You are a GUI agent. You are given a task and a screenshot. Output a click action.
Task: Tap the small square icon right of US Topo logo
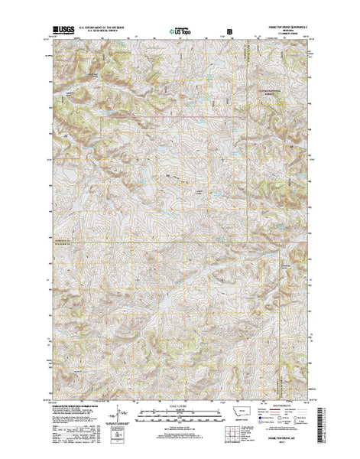click(x=222, y=31)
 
